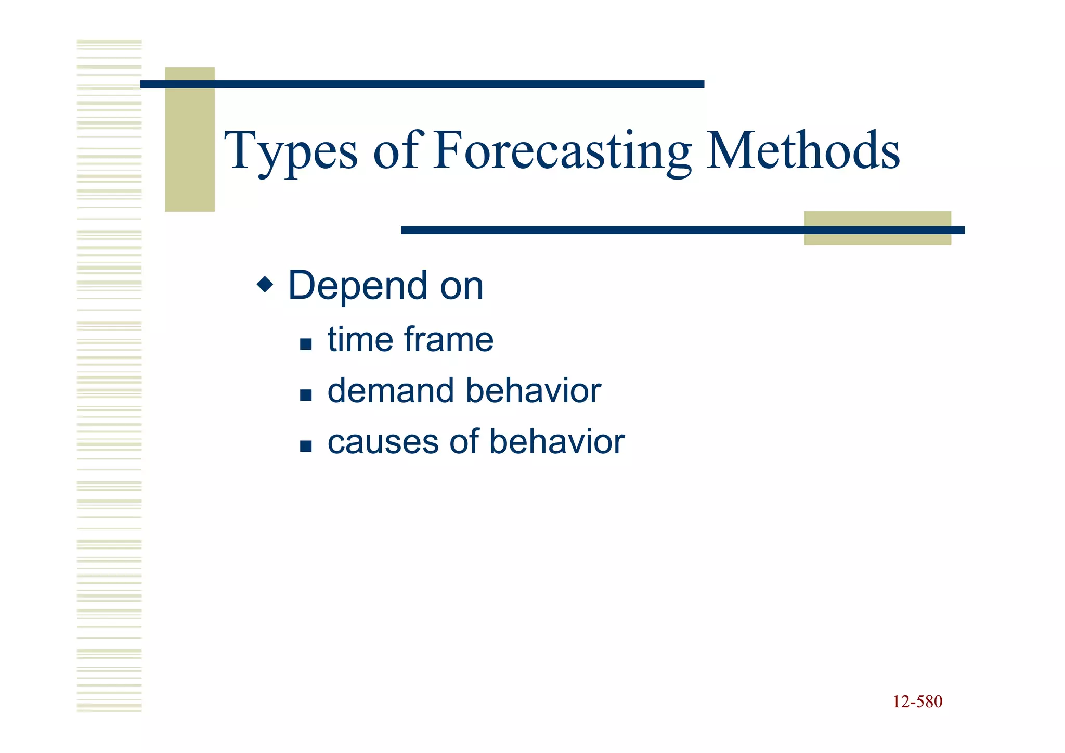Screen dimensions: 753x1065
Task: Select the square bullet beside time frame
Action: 306,344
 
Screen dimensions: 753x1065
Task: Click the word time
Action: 360,340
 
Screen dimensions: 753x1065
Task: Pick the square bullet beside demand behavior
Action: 306,395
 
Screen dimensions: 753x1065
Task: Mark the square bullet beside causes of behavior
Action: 306,446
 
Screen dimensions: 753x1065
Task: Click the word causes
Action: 383,442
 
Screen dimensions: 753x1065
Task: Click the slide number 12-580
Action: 917,701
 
